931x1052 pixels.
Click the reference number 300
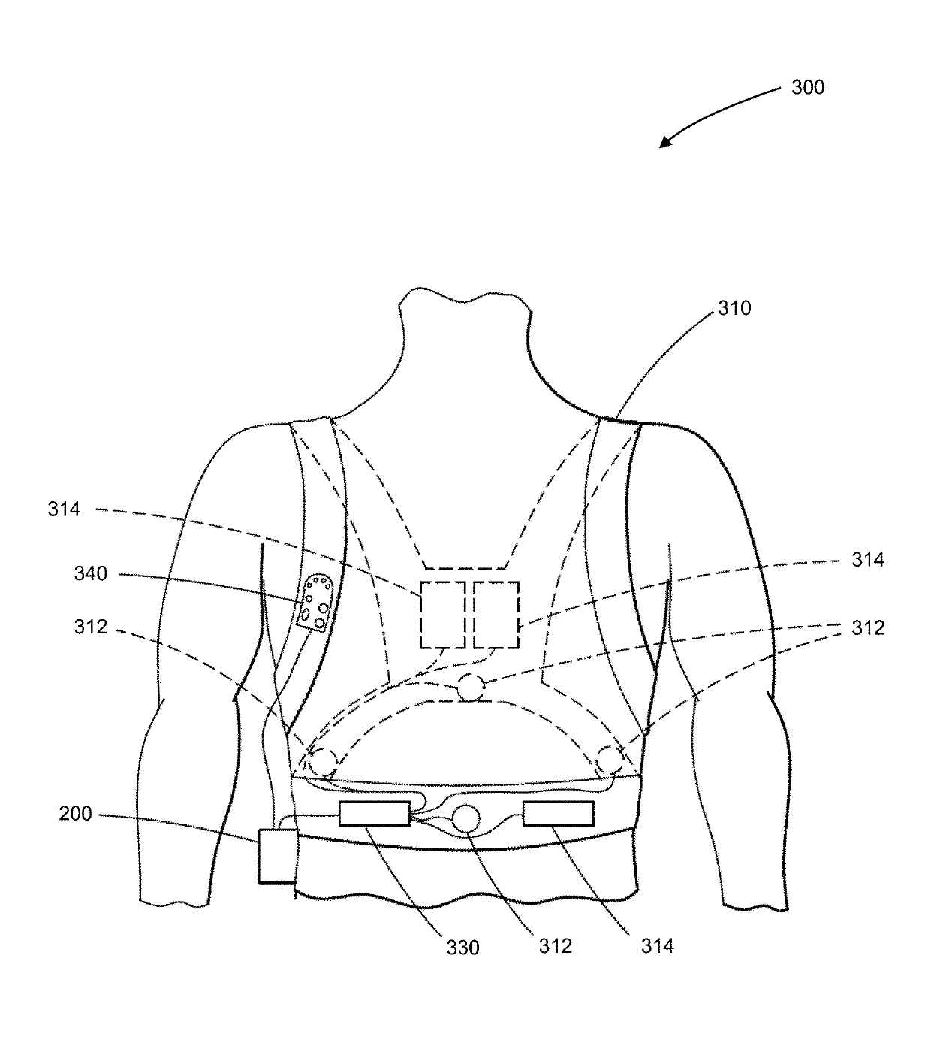tap(807, 88)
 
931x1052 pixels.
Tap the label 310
tap(734, 308)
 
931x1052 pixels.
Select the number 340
tap(91, 575)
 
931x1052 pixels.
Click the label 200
tap(75, 814)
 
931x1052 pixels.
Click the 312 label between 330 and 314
tap(556, 946)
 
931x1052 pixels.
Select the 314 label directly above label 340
tap(64, 510)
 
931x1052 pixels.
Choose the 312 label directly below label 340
tap(91, 627)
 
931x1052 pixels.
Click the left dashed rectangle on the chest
tap(441, 615)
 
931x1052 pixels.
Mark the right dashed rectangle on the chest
tap(496, 615)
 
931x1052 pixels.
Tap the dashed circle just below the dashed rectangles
tap(471, 688)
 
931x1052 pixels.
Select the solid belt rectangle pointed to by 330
tap(374, 814)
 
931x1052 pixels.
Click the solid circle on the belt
tap(465, 818)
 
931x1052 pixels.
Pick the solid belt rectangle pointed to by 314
tap(558, 813)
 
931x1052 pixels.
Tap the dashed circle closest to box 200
tap(324, 762)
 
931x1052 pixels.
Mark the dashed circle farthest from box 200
tap(609, 761)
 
